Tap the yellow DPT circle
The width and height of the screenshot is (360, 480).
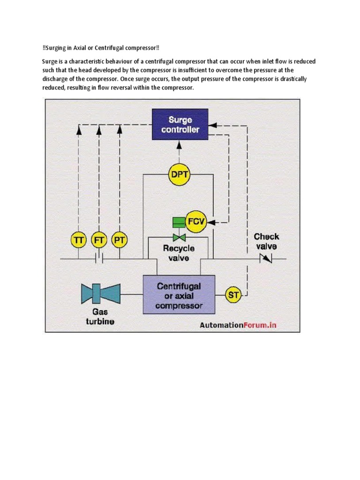coord(178,175)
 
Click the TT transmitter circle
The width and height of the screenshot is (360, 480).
coord(78,240)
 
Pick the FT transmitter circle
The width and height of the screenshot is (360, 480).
coord(99,240)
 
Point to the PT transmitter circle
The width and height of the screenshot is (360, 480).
coord(120,240)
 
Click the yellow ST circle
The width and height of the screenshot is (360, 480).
coord(233,295)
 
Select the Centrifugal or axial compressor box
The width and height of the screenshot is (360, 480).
coord(179,294)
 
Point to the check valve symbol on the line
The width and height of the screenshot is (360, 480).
coord(266,258)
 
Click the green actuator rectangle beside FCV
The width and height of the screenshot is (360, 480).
coord(179,221)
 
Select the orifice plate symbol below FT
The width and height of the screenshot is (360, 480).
coord(99,258)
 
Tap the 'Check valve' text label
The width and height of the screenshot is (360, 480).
coord(266,241)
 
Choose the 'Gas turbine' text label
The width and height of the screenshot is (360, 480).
coord(99,316)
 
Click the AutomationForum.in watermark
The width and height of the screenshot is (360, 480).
coord(238,325)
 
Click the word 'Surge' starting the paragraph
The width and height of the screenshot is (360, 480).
coord(50,61)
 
